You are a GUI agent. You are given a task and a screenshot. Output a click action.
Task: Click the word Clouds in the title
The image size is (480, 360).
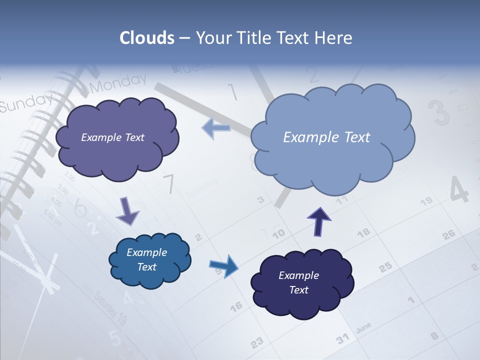[146, 38]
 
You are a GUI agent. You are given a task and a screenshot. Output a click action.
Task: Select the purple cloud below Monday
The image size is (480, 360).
[116, 138]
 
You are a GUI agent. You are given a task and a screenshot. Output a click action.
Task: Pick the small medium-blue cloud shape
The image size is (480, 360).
[149, 260]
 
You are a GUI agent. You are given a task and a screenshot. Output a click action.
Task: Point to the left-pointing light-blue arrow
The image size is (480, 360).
[216, 128]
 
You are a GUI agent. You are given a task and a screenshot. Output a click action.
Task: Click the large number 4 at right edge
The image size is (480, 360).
[459, 189]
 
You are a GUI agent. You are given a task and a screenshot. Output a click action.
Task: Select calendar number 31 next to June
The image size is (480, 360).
[342, 339]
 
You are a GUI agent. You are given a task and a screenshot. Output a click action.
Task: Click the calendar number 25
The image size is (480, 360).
[385, 267]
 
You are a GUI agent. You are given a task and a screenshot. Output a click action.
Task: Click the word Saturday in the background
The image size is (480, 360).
[105, 304]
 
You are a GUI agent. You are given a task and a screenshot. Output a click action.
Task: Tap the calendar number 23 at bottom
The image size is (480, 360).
[256, 343]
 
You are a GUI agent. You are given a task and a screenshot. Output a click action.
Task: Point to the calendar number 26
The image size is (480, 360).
[449, 234]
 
